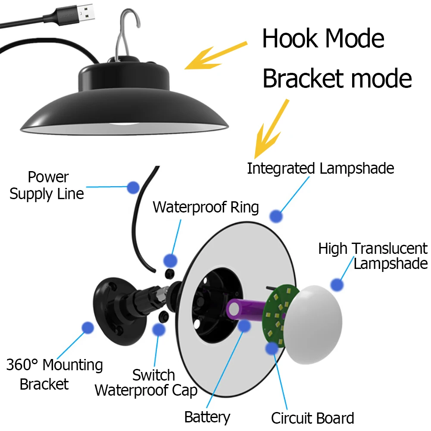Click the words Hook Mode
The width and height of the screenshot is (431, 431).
tap(323, 39)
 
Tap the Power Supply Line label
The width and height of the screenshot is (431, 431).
tap(47, 185)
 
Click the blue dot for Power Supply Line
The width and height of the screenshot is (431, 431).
tap(133, 187)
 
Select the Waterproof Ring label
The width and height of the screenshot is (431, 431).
tap(206, 207)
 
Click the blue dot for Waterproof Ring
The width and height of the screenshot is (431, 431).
tap(171, 260)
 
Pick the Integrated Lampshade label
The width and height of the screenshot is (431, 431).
tap(320, 168)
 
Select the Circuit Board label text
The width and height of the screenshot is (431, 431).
tap(312, 418)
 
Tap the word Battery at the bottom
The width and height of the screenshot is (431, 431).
tap(207, 417)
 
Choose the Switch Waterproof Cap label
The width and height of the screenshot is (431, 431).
tap(147, 383)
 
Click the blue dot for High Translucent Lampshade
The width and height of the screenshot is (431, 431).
tap(337, 284)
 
